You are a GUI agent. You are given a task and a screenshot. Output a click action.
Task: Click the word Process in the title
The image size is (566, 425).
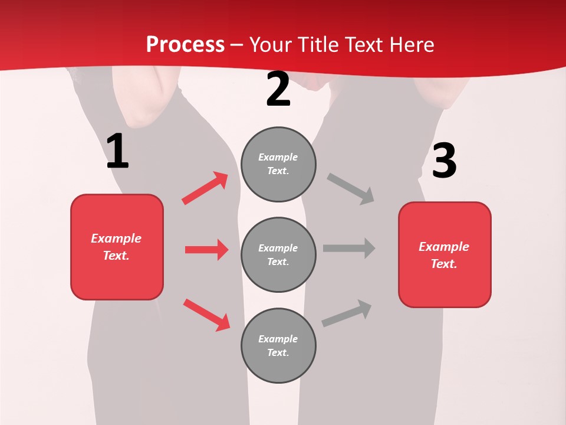point(185,44)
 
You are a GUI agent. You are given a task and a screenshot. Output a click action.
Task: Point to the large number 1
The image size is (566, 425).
point(117,152)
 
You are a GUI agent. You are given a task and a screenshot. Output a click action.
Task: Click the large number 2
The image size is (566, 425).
point(278,89)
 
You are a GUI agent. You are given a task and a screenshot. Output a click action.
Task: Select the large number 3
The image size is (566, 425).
point(444,161)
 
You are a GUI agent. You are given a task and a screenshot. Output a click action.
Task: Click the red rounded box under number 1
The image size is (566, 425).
point(117,247)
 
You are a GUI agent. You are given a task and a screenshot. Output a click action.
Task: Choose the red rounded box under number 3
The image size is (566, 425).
point(445,254)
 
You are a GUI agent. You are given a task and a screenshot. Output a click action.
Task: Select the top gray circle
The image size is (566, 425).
point(278,164)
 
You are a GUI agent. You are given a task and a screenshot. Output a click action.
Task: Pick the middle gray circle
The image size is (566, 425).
point(278,254)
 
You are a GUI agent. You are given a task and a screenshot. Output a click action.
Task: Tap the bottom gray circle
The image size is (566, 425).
point(278,345)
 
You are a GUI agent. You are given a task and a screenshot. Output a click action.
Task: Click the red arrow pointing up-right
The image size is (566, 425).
point(205,188)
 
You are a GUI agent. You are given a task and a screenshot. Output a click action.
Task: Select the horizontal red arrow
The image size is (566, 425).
point(206,250)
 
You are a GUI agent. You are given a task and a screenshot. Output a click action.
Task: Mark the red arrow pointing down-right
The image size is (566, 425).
point(206,315)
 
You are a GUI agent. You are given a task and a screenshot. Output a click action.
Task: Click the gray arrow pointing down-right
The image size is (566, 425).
point(351,189)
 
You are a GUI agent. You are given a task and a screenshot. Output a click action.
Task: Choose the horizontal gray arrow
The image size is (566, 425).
point(349,248)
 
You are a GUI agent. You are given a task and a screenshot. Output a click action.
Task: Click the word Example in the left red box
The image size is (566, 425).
point(116,238)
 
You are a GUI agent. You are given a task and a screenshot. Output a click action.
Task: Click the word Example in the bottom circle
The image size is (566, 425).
point(278,339)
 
